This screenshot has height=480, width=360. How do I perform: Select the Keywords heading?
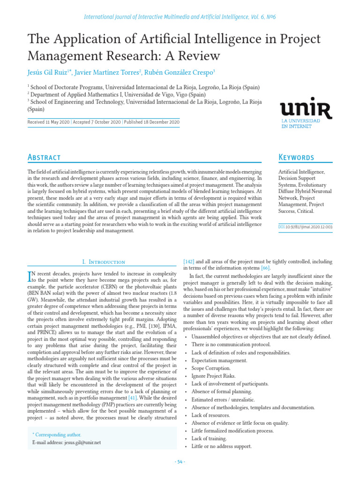(x=296, y=157)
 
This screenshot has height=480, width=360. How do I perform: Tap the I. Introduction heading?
(x=101, y=262)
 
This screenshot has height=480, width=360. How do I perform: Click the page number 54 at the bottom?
(x=180, y=462)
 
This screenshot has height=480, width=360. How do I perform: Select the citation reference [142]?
(x=188, y=262)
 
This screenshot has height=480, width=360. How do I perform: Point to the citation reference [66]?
(x=266, y=268)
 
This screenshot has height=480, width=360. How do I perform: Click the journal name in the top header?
(x=180, y=16)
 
